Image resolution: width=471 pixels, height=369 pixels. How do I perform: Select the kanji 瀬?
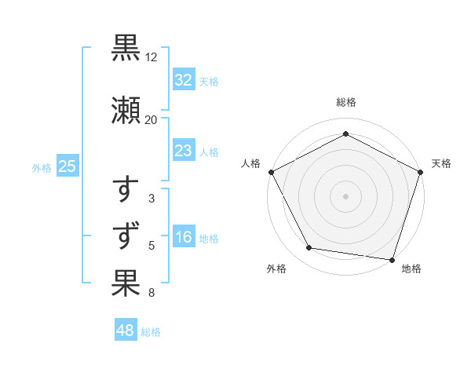pyautogui.click(x=126, y=111)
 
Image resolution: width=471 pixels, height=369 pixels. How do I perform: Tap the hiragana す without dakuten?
pyautogui.click(x=126, y=191)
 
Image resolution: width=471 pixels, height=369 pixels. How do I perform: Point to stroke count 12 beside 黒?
pyautogui.click(x=152, y=58)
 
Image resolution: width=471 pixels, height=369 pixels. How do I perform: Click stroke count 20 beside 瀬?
pyautogui.click(x=152, y=119)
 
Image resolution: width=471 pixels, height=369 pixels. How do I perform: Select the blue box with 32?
pyautogui.click(x=183, y=80)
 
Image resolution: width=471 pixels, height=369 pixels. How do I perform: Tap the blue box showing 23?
pyautogui.click(x=183, y=151)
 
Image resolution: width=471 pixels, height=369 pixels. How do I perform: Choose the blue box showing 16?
pyautogui.click(x=183, y=238)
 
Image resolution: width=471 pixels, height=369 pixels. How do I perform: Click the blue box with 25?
pyautogui.click(x=67, y=166)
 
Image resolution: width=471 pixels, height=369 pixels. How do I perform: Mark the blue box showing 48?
pyautogui.click(x=126, y=331)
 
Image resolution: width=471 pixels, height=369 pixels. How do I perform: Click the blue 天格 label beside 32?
pyautogui.click(x=209, y=82)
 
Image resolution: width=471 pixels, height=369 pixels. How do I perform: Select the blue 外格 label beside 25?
pyautogui.click(x=42, y=167)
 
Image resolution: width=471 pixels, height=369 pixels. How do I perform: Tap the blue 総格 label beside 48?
pyautogui.click(x=151, y=332)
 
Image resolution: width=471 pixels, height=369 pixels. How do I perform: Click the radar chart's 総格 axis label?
pyautogui.click(x=346, y=102)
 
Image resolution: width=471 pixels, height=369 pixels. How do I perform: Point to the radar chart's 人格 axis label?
pyautogui.click(x=251, y=163)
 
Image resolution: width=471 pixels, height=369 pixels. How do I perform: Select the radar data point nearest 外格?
pyautogui.click(x=309, y=248)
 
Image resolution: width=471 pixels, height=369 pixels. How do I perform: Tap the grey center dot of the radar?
pyautogui.click(x=346, y=195)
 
